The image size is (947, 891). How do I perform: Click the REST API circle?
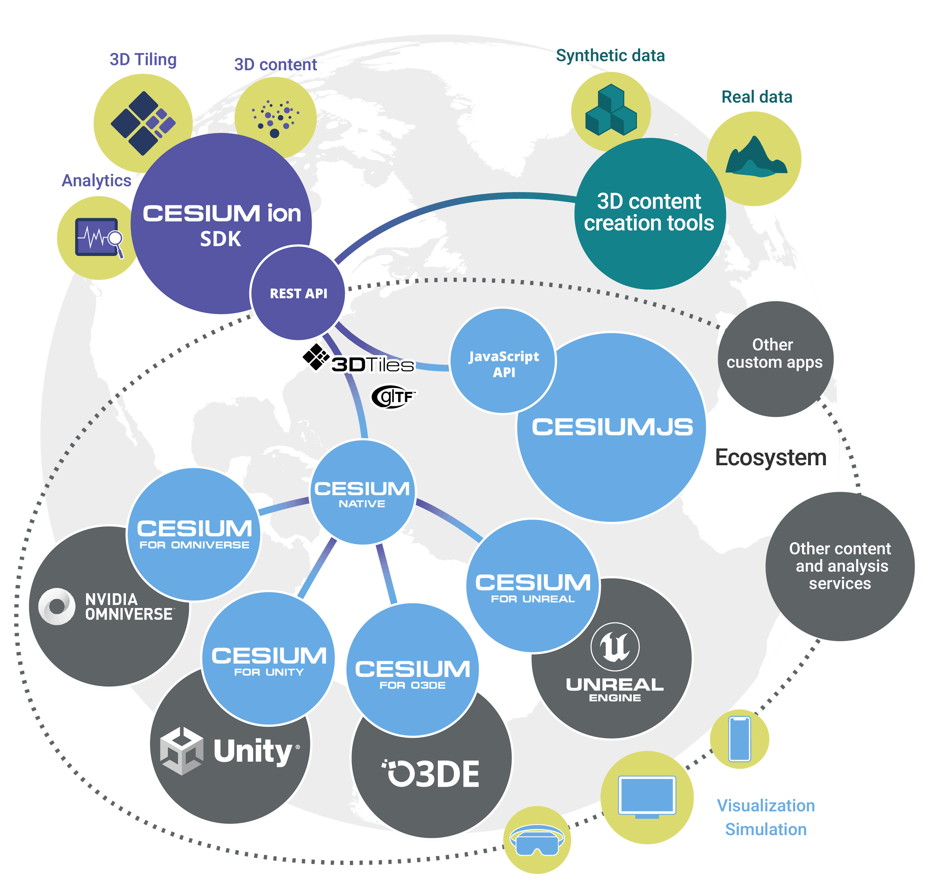coord(298,293)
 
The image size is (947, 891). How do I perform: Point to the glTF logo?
coord(393,397)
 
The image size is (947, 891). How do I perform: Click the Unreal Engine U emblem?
coord(615,647)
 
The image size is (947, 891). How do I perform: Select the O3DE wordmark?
coord(431,774)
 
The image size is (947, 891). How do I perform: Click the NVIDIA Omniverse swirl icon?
coord(57,606)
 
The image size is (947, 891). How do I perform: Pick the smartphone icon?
coord(739,739)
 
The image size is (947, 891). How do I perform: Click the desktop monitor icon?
coord(646,796)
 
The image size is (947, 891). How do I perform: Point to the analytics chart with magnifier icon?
coord(99,237)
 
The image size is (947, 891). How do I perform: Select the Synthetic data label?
coord(610,56)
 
